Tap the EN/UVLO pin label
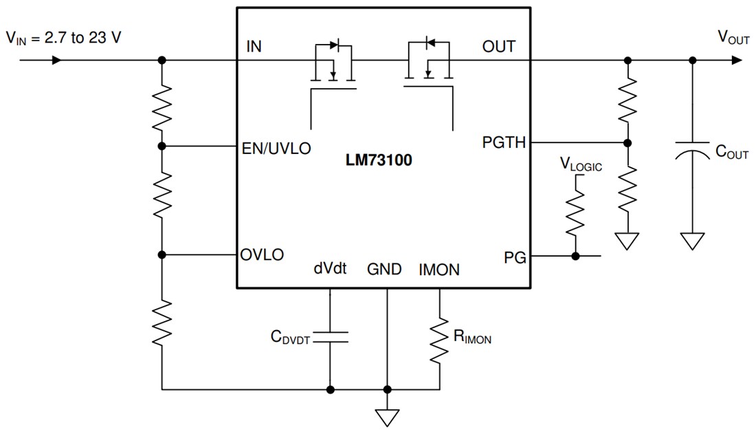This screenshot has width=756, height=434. pos(276,147)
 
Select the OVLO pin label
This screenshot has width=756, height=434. pos(262,254)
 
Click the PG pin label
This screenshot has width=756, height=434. pos(515,258)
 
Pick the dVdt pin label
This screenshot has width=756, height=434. pos(330,270)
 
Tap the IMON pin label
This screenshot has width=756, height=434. pos(439,270)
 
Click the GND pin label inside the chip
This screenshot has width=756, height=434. pos(384,270)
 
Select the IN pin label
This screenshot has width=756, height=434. pos(254,47)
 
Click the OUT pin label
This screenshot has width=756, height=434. pos(499,47)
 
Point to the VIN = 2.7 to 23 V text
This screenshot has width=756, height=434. pos(63,39)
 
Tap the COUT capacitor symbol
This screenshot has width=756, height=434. pos(692,152)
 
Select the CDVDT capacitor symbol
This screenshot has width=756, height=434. pos(331,336)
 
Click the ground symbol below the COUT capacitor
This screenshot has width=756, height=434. pos(692,241)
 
